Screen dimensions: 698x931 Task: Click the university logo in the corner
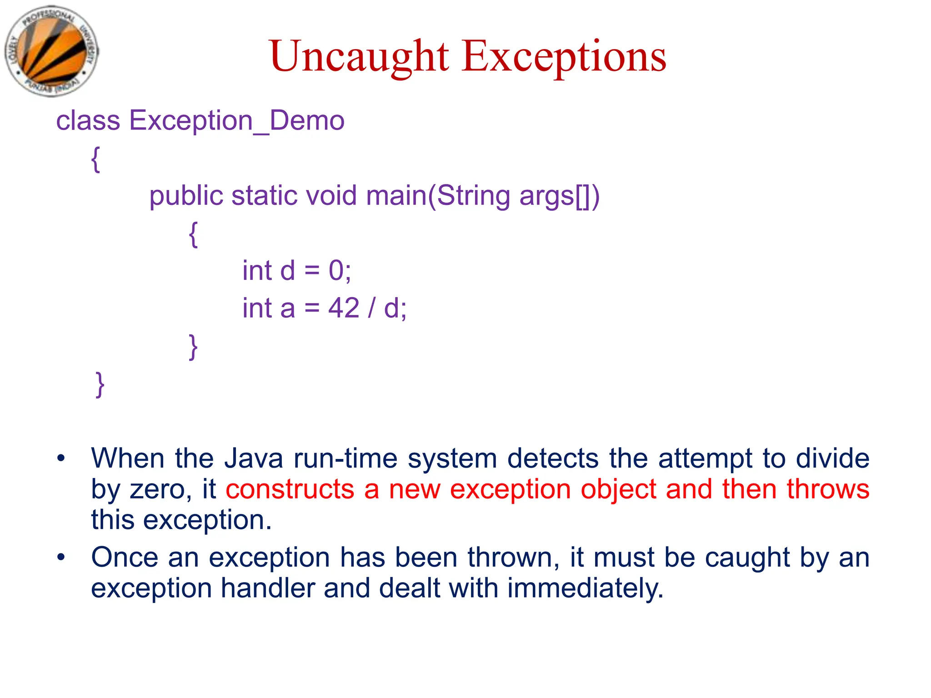[51, 51]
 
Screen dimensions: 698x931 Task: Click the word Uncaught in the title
[359, 56]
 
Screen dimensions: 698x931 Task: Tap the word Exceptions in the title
[564, 56]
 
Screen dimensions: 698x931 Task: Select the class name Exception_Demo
[237, 121]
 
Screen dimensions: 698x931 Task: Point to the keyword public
[186, 196]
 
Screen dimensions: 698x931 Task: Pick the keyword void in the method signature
[331, 196]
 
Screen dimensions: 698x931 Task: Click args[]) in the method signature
[560, 196]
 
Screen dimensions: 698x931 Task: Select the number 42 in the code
[344, 308]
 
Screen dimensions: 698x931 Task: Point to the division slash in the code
[372, 308]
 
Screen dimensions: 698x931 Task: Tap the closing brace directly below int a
[193, 346]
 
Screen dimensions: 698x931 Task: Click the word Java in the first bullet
[254, 458]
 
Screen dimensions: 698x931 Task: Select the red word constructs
[290, 489]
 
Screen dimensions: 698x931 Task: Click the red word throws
[828, 489]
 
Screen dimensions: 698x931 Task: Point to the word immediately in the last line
[586, 588]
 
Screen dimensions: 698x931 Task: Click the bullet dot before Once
[61, 557]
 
